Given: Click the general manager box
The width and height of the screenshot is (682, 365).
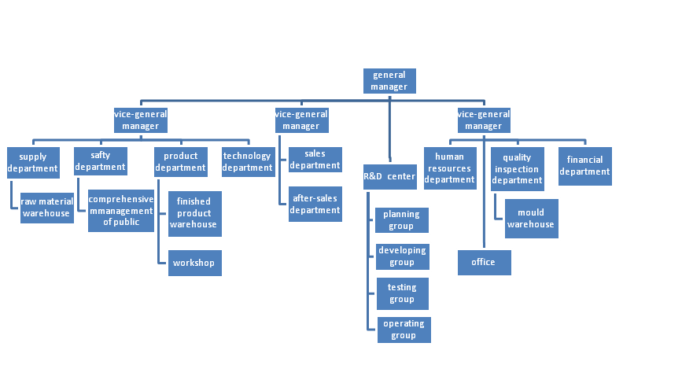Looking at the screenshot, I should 389,81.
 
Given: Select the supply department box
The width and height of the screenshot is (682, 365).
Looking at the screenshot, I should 33,162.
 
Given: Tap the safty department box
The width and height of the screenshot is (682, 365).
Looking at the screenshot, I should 101,161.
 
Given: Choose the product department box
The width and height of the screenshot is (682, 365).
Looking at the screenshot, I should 180,162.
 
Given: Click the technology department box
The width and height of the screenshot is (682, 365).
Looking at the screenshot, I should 247,162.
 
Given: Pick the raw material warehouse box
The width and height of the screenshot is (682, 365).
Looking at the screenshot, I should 46,208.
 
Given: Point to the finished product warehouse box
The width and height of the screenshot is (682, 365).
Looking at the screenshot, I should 194,213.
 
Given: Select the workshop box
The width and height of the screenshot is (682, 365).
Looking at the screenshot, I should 194,263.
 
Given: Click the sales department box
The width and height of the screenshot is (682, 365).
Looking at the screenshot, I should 315,160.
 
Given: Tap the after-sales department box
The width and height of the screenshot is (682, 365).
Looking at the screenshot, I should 315,204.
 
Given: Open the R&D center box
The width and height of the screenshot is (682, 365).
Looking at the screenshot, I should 389,176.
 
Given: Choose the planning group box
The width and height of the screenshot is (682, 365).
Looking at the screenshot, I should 402,220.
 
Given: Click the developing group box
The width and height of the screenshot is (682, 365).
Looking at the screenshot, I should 402,256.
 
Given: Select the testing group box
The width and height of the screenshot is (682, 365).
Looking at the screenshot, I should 402,293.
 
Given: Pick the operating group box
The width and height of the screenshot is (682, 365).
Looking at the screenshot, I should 404,330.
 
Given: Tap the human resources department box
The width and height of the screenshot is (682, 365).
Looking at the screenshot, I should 450,168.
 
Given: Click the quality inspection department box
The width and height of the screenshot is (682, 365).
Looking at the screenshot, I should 518,168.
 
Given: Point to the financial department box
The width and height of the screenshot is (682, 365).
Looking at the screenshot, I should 584,166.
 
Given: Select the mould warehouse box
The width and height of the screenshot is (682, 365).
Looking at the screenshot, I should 531,219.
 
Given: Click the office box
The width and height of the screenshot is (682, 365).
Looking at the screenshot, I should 484,263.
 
